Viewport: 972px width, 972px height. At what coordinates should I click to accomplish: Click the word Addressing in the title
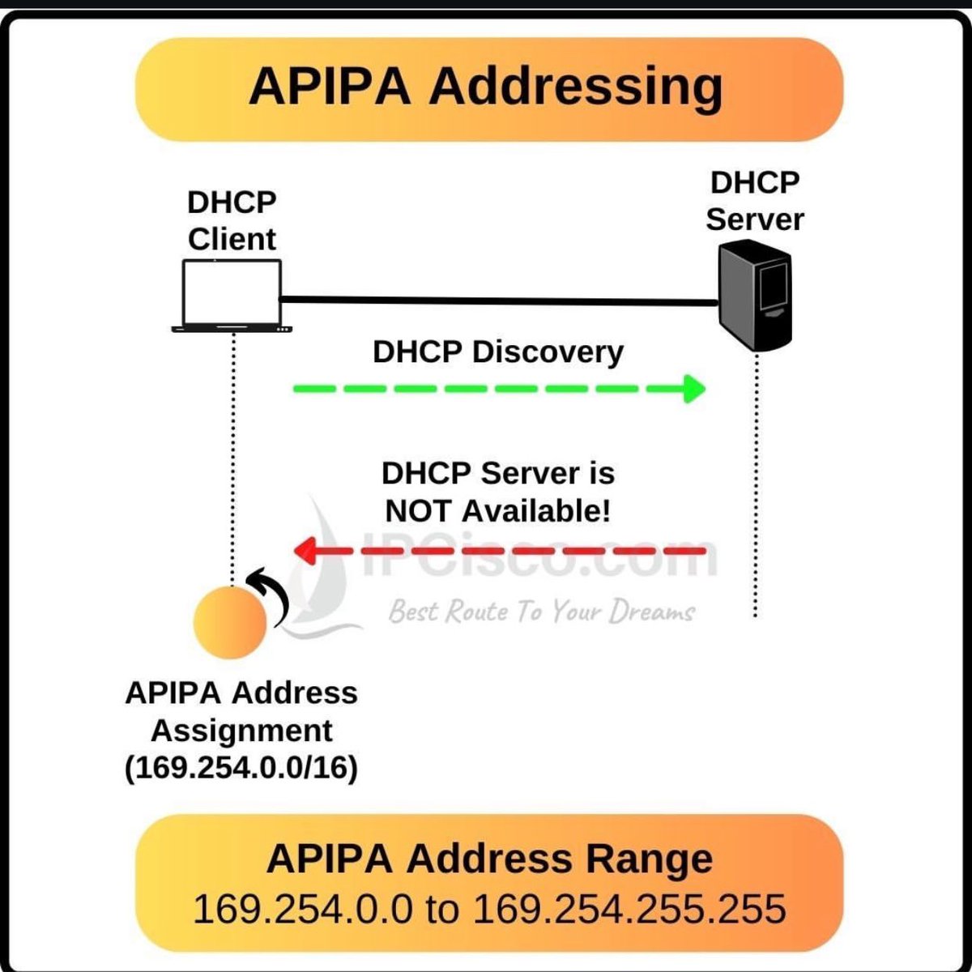pyautogui.click(x=576, y=87)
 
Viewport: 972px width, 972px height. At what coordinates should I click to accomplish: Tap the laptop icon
pyautogui.click(x=232, y=296)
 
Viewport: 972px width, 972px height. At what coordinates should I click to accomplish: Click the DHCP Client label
pyautogui.click(x=232, y=220)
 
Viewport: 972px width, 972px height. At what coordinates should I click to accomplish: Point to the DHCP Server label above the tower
pyautogui.click(x=755, y=201)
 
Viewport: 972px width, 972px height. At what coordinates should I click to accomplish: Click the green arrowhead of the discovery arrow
pyautogui.click(x=693, y=389)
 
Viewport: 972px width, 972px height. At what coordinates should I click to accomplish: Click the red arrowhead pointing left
pyautogui.click(x=305, y=552)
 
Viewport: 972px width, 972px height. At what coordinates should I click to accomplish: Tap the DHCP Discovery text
pyautogui.click(x=498, y=352)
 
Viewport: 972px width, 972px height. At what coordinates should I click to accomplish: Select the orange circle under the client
pyautogui.click(x=230, y=620)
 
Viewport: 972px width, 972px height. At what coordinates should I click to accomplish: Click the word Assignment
pyautogui.click(x=241, y=731)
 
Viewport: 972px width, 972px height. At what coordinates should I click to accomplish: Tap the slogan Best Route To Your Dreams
pyautogui.click(x=541, y=612)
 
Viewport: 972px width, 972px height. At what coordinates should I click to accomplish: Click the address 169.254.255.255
pyautogui.click(x=629, y=909)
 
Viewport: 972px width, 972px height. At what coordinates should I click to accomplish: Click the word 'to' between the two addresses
pyautogui.click(x=441, y=909)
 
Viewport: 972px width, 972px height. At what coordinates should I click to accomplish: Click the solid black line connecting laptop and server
pyautogui.click(x=498, y=301)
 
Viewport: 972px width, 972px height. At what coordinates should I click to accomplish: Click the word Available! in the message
pyautogui.click(x=536, y=512)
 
